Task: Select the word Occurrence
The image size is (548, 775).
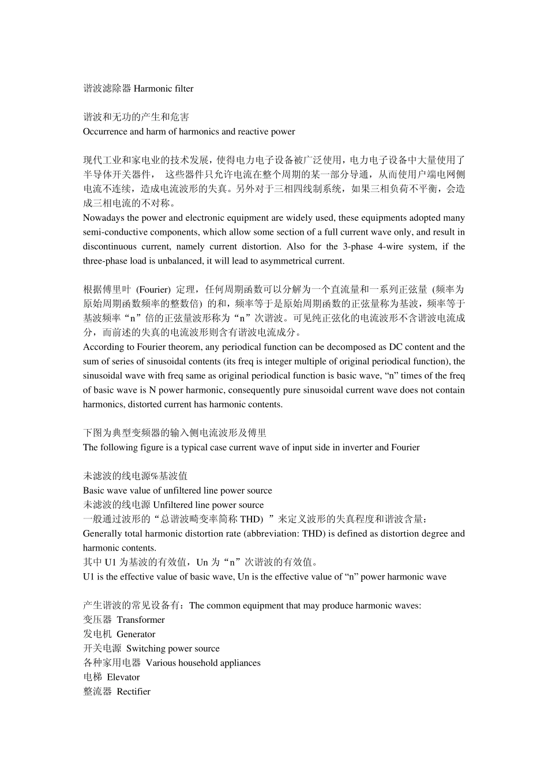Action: pos(105,132)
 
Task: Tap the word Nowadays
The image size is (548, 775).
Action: pos(103,218)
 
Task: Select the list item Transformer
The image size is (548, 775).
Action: pos(141,620)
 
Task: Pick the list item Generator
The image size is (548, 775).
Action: pos(136,634)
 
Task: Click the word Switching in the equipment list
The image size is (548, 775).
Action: pos(145,649)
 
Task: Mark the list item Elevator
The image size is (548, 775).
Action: pos(123,678)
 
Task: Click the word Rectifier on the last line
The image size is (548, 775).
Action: pos(133,692)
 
